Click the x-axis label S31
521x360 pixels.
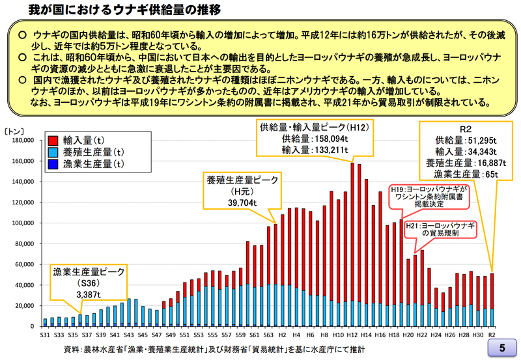(x=45, y=334)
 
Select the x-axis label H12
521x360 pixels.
(x=352, y=334)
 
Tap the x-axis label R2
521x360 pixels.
(x=492, y=334)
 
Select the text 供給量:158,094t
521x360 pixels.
(x=314, y=138)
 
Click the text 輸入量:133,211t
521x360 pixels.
(x=314, y=149)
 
